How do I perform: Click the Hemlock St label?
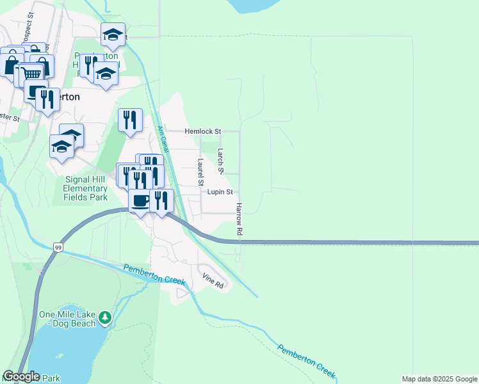202,131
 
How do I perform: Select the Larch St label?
220,161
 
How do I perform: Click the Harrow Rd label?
239,219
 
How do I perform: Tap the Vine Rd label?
213,280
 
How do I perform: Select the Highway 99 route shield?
58,247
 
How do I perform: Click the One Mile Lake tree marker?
104,316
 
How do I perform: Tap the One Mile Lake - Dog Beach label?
67,319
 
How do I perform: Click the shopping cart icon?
30,75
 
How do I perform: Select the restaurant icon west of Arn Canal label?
130,120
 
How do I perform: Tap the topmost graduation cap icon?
113,35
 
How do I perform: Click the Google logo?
21,376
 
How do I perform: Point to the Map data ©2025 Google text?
439,379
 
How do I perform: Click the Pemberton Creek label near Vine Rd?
154,275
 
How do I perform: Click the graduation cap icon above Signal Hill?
62,146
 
